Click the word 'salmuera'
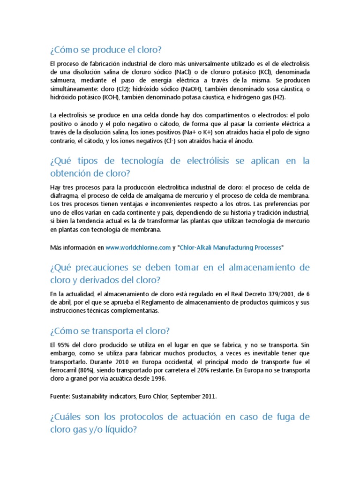pos(64,81)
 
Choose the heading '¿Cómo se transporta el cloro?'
pos(109,331)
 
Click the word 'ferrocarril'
pos(64,370)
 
